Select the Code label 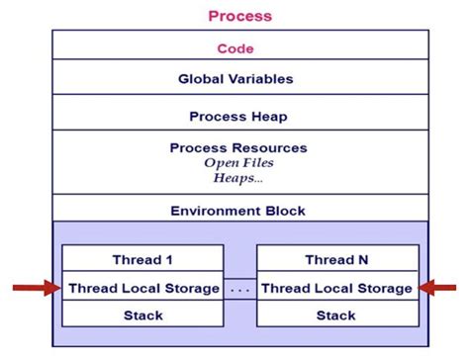(235, 47)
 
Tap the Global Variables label (235, 78)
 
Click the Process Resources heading (238, 147)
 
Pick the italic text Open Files (237, 162)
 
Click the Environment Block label (237, 211)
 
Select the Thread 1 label (143, 260)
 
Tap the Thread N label (335, 260)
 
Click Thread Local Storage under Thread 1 (143, 288)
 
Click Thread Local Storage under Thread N (335, 288)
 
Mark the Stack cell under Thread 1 (143, 315)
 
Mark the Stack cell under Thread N (335, 315)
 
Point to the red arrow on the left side (34, 288)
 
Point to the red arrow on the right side (439, 288)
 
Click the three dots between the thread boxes (239, 290)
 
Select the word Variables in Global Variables (260, 78)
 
